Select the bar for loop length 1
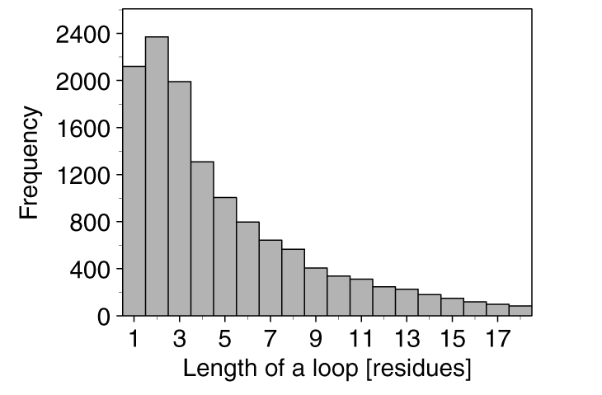pyautogui.click(x=134, y=190)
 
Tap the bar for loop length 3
pyautogui.click(x=180, y=198)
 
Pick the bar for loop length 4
pyautogui.click(x=202, y=238)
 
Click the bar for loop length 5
pyautogui.click(x=225, y=256)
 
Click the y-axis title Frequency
pyautogui.click(x=31, y=164)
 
